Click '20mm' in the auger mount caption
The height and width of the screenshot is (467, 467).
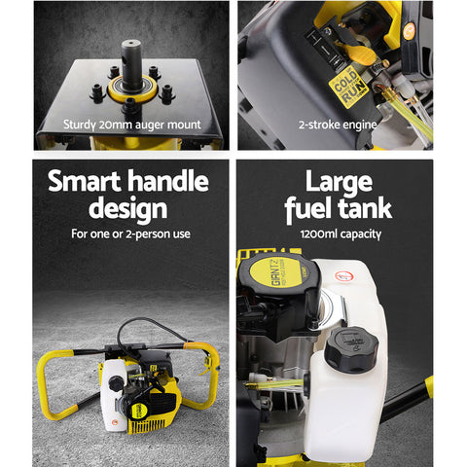pyautogui.click(x=123, y=125)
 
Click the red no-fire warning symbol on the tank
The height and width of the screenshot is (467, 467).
pyautogui.click(x=342, y=276)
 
